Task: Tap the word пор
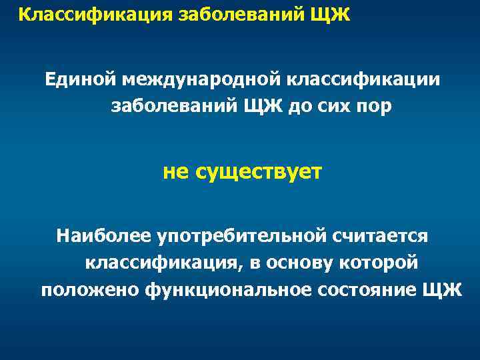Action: tap(377, 107)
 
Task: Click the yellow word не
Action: tap(177, 172)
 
